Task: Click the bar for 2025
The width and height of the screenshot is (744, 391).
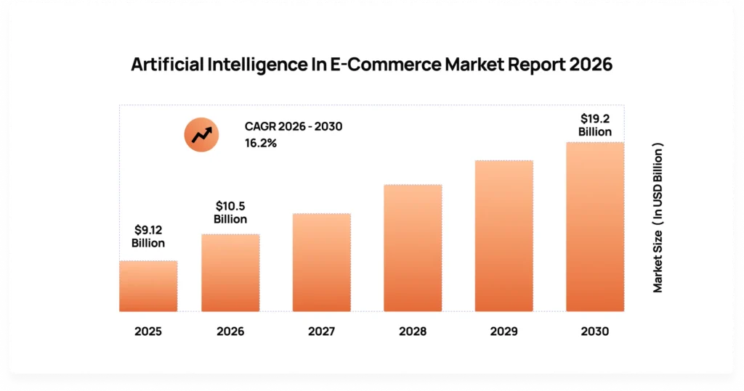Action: tap(148, 286)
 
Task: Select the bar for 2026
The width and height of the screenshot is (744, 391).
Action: tap(230, 273)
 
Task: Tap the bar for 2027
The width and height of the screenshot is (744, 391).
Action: tap(321, 262)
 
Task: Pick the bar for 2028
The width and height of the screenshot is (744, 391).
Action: tap(413, 248)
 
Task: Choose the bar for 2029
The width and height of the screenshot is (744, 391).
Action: tap(504, 236)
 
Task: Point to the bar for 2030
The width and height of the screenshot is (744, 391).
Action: tap(594, 226)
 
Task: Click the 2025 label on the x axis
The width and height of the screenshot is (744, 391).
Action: tap(148, 332)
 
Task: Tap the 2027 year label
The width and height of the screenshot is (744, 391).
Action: tap(321, 332)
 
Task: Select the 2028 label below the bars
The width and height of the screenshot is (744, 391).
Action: tap(413, 332)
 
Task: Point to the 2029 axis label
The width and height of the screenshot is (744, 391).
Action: tap(504, 332)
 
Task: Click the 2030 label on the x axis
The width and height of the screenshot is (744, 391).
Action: tap(594, 332)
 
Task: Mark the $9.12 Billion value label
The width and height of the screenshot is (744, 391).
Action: tap(148, 236)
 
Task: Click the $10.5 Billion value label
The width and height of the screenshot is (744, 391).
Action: tap(230, 213)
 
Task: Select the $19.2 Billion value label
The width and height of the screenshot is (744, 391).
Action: tap(594, 125)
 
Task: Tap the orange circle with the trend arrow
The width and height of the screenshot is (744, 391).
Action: tap(201, 134)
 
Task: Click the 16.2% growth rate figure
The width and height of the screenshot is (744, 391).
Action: tap(261, 144)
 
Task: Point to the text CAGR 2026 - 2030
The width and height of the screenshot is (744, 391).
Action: tap(294, 127)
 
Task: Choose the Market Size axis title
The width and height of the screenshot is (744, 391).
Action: tap(658, 218)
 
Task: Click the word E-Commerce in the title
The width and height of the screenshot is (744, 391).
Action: tap(389, 65)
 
